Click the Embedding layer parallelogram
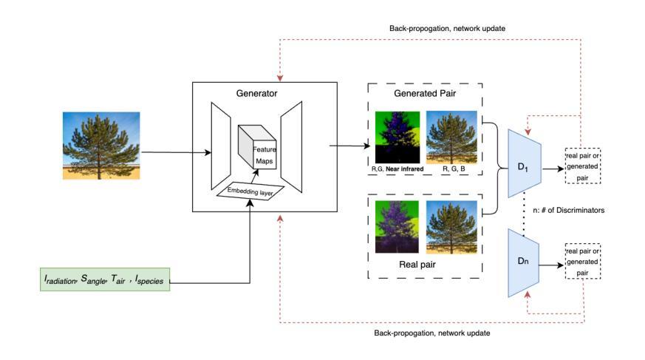click(250, 191)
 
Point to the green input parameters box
click(105, 280)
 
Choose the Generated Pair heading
click(426, 94)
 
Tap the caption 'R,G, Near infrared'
click(397, 169)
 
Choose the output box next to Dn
click(583, 262)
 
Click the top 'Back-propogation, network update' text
click(447, 28)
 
